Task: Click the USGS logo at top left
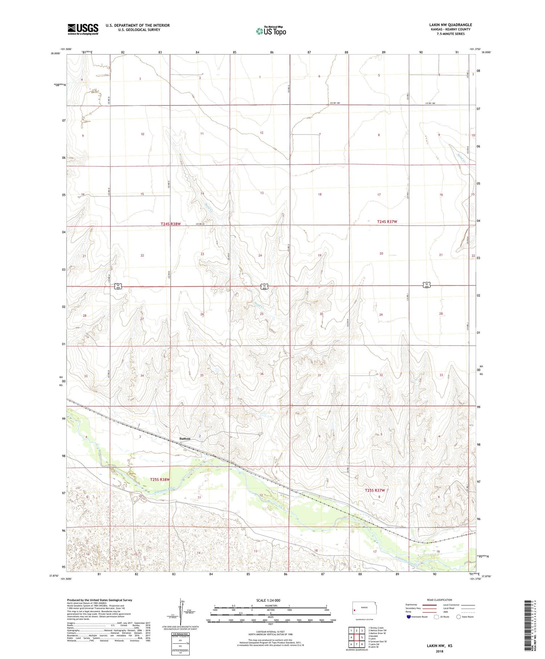pos(83,29)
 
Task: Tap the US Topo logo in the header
pos(271,31)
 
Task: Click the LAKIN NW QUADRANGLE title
pos(451,25)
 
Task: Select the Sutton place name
pos(185,439)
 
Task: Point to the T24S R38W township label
pos(165,224)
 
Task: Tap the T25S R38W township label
pos(160,480)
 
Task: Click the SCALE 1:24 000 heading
pos(268,600)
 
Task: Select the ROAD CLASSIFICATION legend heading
pos(439,600)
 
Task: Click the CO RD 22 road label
pos(200,224)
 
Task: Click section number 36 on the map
pos(262,374)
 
